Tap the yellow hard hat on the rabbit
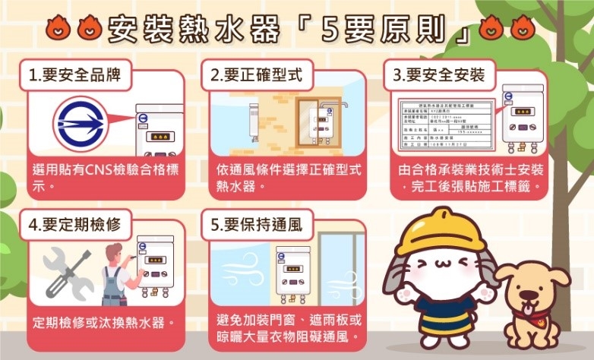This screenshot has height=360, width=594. click(x=429, y=232)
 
